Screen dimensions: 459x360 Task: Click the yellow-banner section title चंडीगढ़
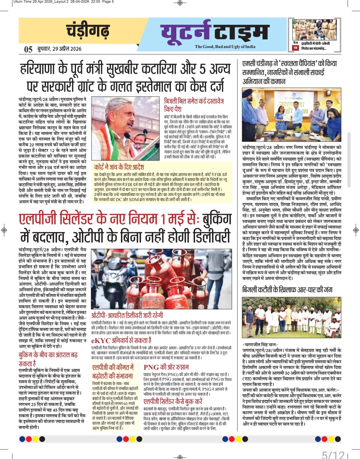tap(88, 31)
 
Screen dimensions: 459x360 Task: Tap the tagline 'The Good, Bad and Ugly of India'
tap(225, 47)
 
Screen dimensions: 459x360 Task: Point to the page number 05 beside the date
tap(28, 49)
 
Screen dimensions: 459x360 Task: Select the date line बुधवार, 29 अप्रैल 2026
tap(59, 49)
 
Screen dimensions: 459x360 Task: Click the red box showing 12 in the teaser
tap(295, 48)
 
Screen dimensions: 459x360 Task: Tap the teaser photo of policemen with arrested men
tap(314, 30)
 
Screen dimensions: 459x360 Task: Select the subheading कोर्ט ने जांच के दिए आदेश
tap(119, 167)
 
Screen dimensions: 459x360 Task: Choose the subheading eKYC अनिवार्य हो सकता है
tap(121, 340)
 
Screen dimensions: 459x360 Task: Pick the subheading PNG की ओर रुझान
tap(166, 367)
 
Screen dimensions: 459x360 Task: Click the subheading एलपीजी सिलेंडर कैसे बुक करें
tap(173, 401)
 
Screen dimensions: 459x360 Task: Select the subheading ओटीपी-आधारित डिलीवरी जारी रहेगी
tap(127, 315)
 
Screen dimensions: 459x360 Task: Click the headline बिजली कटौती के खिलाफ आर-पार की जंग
tap(287, 290)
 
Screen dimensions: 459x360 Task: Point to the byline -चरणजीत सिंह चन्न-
tap(260, 344)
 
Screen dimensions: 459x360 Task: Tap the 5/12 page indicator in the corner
tap(333, 454)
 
